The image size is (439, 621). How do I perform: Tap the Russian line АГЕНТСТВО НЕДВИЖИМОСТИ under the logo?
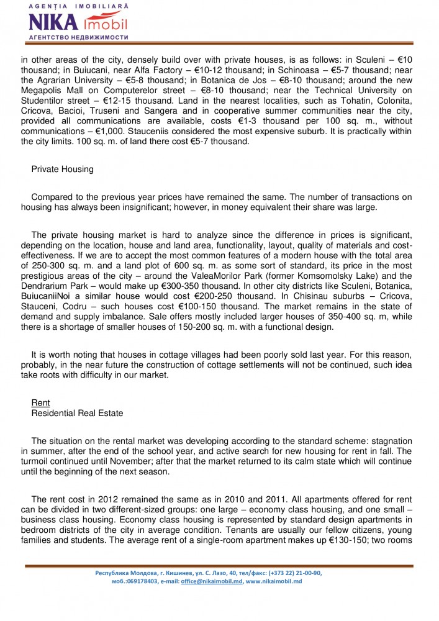click(x=78, y=37)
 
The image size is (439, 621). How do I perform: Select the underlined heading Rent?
click(x=40, y=403)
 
